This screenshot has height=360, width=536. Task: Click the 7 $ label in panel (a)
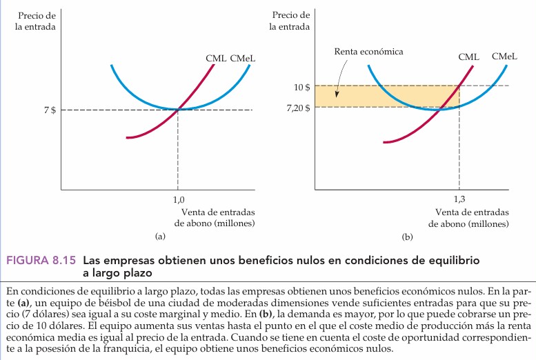point(50,110)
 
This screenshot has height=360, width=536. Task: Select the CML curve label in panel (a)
point(215,59)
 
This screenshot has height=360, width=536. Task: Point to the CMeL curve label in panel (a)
point(243,59)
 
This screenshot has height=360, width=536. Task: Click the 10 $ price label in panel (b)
point(301,87)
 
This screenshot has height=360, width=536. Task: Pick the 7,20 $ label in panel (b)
point(297,108)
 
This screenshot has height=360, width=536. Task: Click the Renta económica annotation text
point(368,52)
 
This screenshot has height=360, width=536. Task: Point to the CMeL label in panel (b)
point(505,57)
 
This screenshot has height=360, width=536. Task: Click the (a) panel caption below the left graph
point(161,236)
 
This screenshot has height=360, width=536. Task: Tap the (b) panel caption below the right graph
point(407,236)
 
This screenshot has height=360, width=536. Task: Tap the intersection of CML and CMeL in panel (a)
point(178,109)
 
